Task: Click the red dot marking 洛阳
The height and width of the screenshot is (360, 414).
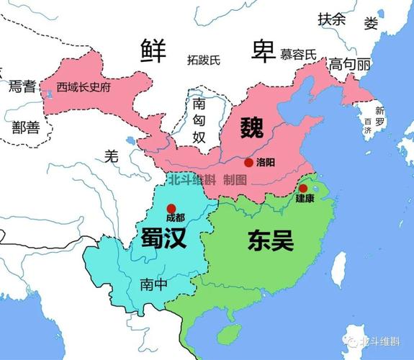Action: [248, 163]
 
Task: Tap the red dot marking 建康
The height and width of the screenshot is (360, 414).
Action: [303, 188]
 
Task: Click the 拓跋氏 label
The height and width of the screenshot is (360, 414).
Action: [204, 59]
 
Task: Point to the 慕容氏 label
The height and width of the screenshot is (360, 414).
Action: [298, 54]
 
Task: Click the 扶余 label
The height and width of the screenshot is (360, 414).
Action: [331, 19]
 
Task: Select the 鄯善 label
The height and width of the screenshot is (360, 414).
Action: [25, 127]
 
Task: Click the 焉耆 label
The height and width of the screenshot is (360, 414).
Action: [22, 87]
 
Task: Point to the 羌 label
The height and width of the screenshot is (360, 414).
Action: [110, 154]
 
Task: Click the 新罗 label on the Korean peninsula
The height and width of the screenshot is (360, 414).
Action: [379, 117]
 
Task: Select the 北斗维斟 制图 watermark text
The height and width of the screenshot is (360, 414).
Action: [206, 180]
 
